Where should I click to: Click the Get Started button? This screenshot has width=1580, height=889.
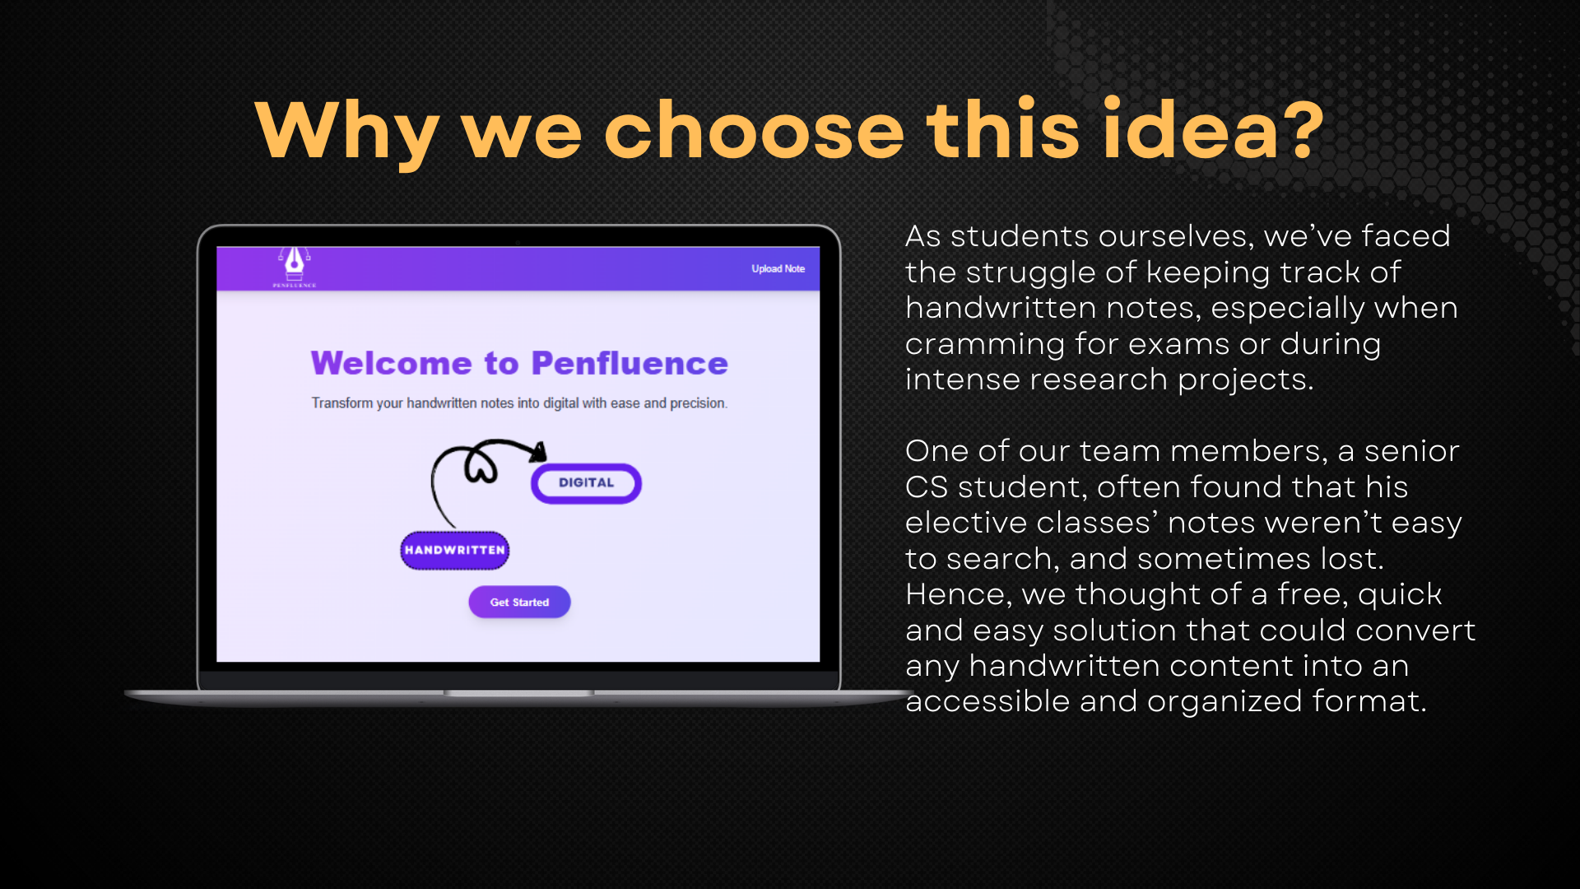click(x=519, y=602)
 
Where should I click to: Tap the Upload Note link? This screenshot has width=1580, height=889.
click(x=778, y=269)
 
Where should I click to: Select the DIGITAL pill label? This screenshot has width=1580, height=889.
click(x=586, y=483)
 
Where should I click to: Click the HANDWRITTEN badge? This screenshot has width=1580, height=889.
click(x=455, y=550)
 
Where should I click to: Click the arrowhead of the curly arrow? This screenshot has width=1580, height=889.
click(x=538, y=452)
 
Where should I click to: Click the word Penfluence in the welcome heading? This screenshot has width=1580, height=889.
click(x=630, y=363)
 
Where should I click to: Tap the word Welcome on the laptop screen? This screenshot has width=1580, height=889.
click(x=391, y=363)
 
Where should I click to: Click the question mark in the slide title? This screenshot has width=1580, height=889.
click(x=1303, y=130)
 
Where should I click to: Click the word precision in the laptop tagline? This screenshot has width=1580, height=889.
click(x=699, y=403)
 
